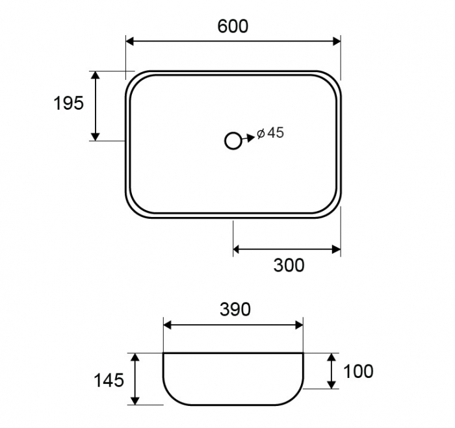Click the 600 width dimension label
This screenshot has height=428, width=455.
click(233, 26)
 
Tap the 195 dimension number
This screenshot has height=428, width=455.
click(69, 103)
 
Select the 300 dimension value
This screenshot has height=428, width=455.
click(289, 265)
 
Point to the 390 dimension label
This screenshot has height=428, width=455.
click(235, 309)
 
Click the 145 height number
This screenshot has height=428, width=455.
click(109, 380)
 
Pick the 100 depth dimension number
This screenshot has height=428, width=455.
click(358, 371)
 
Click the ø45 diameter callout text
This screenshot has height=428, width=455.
click(270, 132)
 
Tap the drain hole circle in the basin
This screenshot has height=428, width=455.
click(233, 141)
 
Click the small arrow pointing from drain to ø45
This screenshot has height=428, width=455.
click(248, 138)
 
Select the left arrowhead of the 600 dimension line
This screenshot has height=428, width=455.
click(130, 41)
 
